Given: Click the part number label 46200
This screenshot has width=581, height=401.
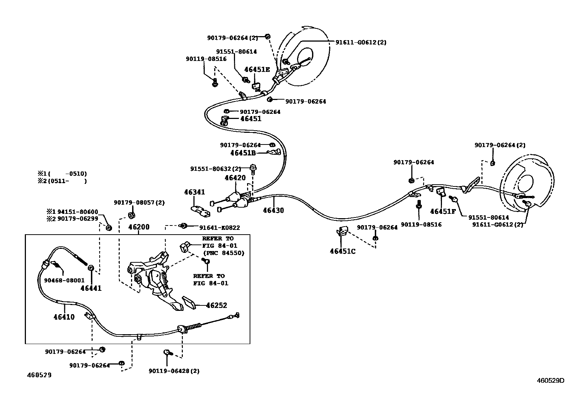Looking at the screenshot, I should click(x=139, y=227).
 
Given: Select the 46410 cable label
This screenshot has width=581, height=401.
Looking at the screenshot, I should click(x=64, y=317).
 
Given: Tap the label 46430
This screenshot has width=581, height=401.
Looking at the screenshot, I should click(x=273, y=211).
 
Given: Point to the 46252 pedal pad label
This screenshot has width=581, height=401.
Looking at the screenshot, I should click(x=216, y=305).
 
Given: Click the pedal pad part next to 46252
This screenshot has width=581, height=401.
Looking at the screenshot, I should click(x=189, y=302).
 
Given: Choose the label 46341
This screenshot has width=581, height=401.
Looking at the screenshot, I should click(x=195, y=192).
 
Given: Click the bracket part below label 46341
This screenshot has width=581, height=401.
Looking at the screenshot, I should click(x=200, y=211).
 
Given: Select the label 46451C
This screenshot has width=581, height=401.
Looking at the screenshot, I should click(x=343, y=251).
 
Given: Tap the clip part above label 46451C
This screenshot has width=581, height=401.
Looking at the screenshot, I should click(x=342, y=231).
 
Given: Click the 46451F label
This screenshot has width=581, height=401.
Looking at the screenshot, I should click(x=443, y=211).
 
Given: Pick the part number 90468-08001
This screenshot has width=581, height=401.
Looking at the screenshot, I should click(x=64, y=280).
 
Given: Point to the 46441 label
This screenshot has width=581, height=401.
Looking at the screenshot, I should click(x=91, y=288).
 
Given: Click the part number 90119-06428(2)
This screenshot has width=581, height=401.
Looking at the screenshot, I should click(x=174, y=371).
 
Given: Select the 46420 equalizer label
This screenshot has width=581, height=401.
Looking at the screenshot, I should click(x=235, y=178).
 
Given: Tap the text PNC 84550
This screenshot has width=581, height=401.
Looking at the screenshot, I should click(x=224, y=253).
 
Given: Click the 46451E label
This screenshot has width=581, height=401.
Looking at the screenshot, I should click(x=257, y=70).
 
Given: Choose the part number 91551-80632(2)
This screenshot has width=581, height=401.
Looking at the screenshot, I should click(x=216, y=169).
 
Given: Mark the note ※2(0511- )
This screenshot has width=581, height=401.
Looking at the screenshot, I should click(x=62, y=181).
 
